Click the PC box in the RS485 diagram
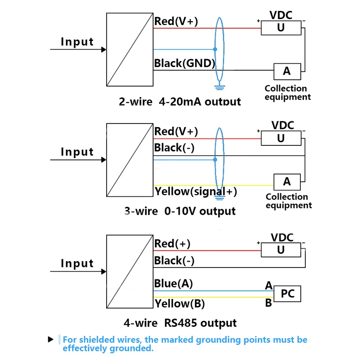point(288,294)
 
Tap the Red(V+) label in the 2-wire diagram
point(176,21)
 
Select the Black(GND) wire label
point(185,63)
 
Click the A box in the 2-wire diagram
point(287,71)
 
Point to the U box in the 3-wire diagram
point(281,138)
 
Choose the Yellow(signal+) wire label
point(195,191)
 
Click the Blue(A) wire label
point(173,283)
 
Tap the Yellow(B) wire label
point(180,303)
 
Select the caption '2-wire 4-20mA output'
point(180,101)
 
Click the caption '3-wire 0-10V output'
point(180,211)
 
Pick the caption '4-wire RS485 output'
point(180,324)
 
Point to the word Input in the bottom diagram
point(77,263)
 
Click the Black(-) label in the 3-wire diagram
point(175,148)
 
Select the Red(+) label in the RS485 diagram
point(172,244)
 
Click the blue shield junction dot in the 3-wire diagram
point(215,160)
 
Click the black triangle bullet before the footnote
point(51,340)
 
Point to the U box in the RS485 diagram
point(281,250)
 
